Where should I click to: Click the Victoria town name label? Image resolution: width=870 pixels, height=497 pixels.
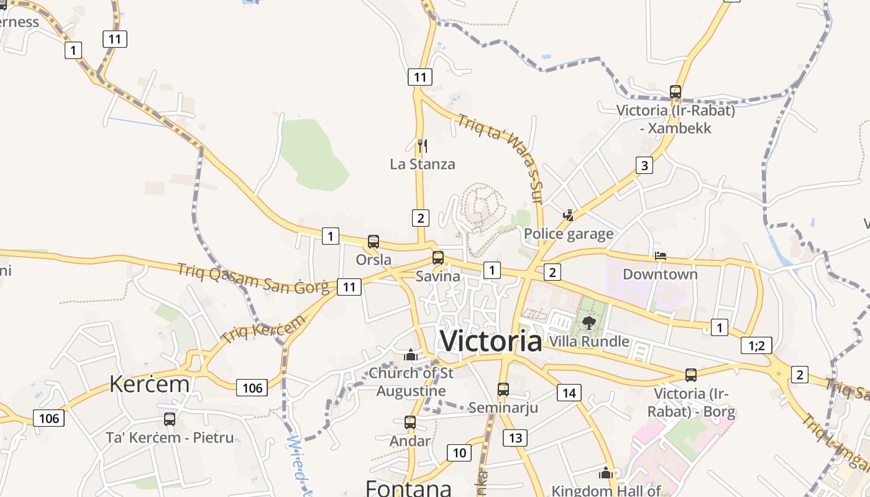[491, 341]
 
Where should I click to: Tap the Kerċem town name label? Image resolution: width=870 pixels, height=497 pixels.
[149, 384]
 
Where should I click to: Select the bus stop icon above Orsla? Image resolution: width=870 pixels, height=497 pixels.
[373, 242]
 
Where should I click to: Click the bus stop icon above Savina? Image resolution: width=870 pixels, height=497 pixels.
[438, 258]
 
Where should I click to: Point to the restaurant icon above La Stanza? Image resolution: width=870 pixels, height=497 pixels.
[423, 146]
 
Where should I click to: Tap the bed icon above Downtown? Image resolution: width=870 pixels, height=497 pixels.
[661, 256]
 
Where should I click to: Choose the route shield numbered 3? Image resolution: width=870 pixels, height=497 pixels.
[644, 165]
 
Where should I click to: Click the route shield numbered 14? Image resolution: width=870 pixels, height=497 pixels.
[569, 392]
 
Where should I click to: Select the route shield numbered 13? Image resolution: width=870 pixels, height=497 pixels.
[516, 438]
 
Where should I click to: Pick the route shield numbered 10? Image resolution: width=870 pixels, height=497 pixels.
[459, 453]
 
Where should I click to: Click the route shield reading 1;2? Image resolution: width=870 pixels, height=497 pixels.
[756, 345]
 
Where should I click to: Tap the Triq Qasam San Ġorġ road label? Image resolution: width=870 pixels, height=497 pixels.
[253, 278]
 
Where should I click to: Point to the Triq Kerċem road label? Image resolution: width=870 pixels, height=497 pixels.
[263, 329]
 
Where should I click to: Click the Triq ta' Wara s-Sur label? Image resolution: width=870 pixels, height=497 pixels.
[502, 158]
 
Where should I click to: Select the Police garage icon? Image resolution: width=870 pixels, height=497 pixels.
[568, 216]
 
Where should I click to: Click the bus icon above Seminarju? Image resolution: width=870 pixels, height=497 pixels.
[503, 390]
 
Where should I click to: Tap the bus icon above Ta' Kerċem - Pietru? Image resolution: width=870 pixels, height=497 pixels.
[170, 419]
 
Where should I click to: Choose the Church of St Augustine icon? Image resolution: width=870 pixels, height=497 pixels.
[410, 355]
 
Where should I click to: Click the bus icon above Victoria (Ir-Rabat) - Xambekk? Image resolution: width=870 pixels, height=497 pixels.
[675, 92]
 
